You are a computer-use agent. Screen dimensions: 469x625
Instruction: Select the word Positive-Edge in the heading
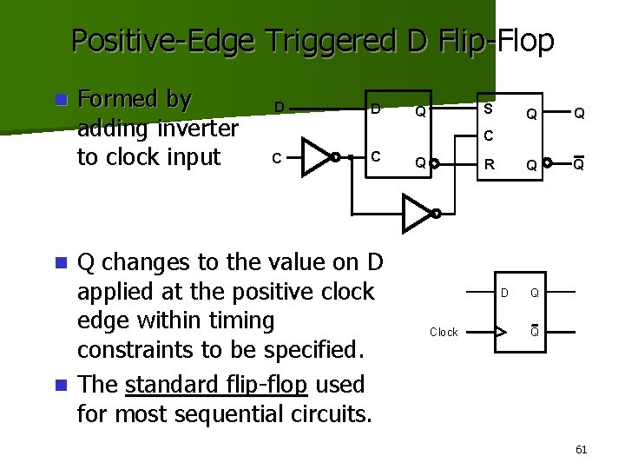(x=163, y=40)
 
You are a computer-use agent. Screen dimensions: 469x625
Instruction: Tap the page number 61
(x=582, y=449)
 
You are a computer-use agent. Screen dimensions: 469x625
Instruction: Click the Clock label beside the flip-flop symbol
(x=444, y=332)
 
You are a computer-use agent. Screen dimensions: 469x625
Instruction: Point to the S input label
(x=488, y=109)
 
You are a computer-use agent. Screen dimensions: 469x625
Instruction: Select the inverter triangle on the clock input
(x=318, y=157)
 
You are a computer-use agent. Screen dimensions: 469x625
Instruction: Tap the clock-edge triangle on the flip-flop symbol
(x=499, y=331)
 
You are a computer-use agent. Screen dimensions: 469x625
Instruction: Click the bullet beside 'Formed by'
(x=59, y=100)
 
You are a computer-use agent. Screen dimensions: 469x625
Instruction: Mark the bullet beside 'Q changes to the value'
(x=59, y=261)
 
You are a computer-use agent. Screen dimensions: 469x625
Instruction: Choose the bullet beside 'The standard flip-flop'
(x=59, y=384)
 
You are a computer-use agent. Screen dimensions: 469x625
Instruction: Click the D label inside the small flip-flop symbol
(x=504, y=293)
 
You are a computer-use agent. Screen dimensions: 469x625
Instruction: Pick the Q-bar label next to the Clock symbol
(x=535, y=331)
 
